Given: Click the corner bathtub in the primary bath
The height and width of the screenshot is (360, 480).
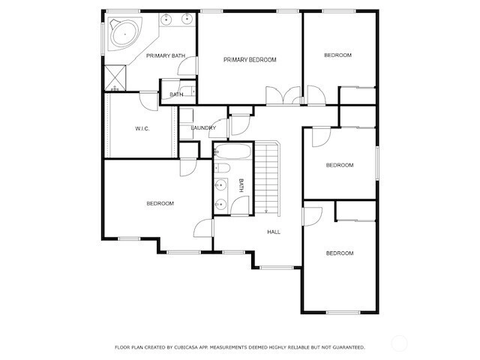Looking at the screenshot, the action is tap(124, 33).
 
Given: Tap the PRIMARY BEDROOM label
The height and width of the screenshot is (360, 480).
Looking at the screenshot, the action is tap(250, 60).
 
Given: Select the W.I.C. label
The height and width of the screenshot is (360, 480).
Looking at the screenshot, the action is tap(142, 128).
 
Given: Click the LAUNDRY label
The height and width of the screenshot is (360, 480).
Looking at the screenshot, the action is tap(203, 128).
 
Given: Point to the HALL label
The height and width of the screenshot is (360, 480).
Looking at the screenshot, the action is tap(274, 232).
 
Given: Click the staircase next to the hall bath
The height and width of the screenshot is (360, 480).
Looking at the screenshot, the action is tap(267, 178).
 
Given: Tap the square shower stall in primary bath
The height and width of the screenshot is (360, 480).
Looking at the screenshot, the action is tap(115, 78).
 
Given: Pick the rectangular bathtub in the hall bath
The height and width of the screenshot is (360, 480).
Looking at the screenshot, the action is tap(232, 151).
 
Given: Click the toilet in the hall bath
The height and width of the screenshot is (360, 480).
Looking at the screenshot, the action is tap(222, 168).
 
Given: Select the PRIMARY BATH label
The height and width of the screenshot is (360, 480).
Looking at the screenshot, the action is tap(166, 55).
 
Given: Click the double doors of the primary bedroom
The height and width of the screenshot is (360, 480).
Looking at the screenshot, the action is tap(283, 96).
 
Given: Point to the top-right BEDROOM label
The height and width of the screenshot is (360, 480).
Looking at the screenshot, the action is tap(338, 55).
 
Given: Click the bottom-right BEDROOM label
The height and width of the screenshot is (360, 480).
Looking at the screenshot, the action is tap(340, 253).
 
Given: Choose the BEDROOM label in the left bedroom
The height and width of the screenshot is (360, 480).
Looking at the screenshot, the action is tap(160, 203).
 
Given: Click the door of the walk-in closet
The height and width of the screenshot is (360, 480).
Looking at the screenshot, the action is tap(149, 101).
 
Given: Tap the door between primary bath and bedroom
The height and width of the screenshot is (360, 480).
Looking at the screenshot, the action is tap(187, 66).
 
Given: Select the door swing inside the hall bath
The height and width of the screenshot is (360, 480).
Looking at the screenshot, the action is tap(240, 205).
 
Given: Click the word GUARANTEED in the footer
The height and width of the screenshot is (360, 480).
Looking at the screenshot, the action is tap(349, 347).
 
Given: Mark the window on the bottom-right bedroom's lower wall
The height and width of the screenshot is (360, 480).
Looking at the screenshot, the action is tap(343, 313).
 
